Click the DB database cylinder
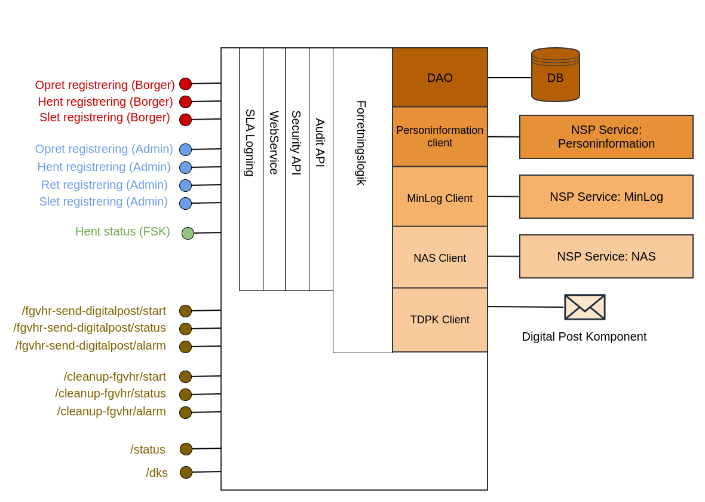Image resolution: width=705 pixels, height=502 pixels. click(x=555, y=75)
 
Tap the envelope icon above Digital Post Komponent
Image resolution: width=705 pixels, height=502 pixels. click(x=584, y=307)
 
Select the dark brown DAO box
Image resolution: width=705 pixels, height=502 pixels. click(x=440, y=78)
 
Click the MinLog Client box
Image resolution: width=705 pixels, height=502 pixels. click(x=440, y=197)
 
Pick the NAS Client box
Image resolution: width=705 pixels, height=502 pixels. click(x=440, y=258)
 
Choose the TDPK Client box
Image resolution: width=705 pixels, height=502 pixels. click(x=440, y=320)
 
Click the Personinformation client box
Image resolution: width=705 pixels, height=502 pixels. click(x=440, y=137)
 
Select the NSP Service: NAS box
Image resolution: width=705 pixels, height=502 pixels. click(x=606, y=256)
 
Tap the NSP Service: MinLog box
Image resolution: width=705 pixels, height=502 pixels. click(x=606, y=197)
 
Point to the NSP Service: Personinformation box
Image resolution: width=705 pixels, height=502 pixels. click(x=606, y=137)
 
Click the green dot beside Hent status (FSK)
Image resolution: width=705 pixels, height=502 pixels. click(x=188, y=233)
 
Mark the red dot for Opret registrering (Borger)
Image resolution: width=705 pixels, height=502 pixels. click(x=185, y=84)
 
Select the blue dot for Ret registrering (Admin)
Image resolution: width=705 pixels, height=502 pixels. click(x=185, y=185)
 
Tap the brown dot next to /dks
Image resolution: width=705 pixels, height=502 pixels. click(x=186, y=472)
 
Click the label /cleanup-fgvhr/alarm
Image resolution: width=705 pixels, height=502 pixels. click(x=111, y=411)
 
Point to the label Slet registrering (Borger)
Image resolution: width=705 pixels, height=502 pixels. click(x=105, y=117)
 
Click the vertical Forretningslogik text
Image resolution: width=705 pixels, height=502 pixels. click(x=361, y=143)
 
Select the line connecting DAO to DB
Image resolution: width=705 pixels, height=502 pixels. click(x=509, y=78)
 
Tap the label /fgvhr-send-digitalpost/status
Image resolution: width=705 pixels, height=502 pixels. click(x=90, y=327)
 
